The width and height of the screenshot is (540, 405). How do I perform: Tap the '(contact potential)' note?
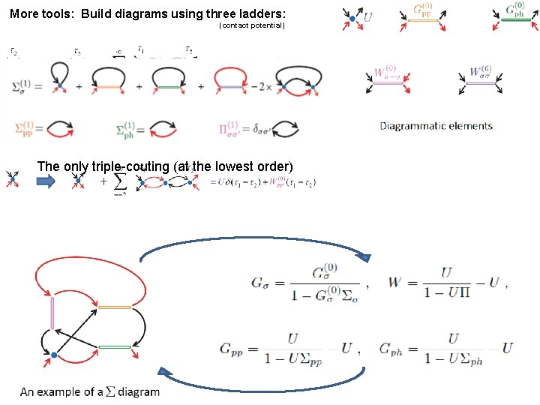click(252, 25)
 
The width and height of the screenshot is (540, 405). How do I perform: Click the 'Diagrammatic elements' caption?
click(436, 126)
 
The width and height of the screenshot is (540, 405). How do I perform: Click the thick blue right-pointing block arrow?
click(46, 180)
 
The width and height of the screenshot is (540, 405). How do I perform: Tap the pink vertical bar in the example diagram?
click(52, 313)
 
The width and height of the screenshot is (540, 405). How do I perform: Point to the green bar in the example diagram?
click(115, 346)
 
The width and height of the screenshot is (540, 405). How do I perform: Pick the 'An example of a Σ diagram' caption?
click(90, 391)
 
